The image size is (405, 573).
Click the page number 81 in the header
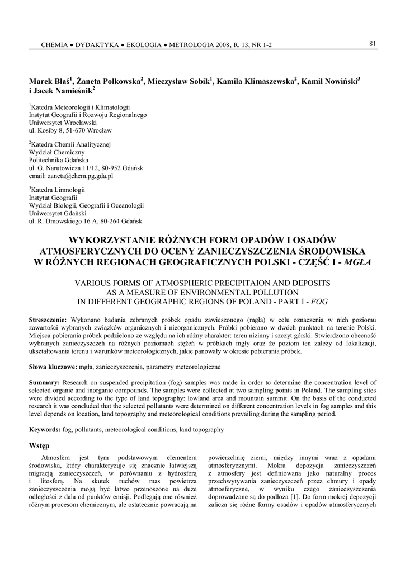tap(372, 44)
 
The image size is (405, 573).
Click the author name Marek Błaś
tap(49, 81)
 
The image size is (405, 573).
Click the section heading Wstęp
tap(39, 445)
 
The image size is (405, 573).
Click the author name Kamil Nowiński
tap(330, 81)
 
